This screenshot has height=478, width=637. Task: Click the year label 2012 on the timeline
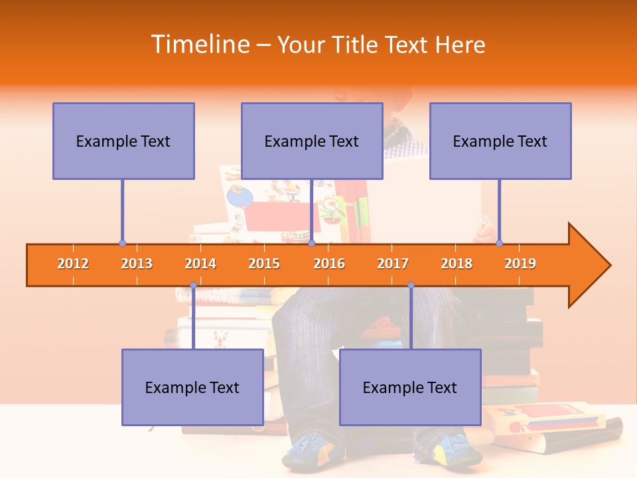[73, 264]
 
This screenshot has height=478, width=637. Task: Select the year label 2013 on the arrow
[137, 264]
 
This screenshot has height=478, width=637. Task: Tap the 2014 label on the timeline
[200, 264]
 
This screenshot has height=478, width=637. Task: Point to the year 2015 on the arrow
[264, 264]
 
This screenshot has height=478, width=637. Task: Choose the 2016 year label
[329, 264]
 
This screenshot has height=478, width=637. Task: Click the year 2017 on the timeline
[393, 264]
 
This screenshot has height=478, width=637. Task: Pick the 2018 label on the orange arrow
[457, 264]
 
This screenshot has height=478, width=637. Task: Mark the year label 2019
[520, 264]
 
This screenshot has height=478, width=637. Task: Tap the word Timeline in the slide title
[199, 44]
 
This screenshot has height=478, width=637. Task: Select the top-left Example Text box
[123, 141]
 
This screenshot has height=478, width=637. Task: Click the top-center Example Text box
[312, 141]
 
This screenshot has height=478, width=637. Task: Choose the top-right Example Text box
[500, 141]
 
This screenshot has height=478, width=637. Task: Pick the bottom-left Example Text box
[192, 387]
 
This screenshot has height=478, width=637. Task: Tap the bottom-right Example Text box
[410, 387]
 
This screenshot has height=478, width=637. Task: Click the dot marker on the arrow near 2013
[122, 244]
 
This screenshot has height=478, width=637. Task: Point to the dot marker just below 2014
[193, 285]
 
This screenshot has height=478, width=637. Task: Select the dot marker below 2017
[411, 285]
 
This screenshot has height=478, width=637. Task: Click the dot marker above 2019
[500, 244]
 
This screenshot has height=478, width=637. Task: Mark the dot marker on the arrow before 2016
[311, 244]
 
